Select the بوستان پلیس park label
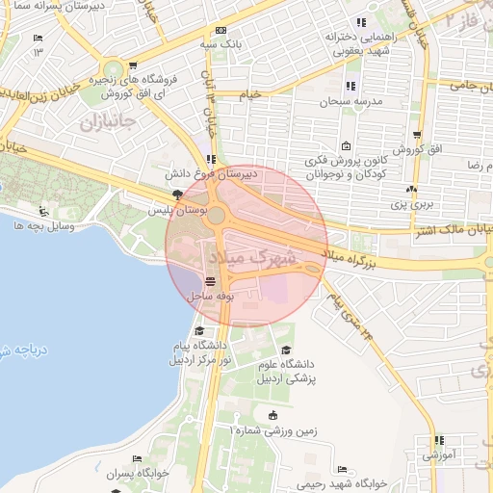point(171,209)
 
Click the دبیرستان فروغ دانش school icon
point(210,160)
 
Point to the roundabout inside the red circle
point(217,216)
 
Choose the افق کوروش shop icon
point(416,136)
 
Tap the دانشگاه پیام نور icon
point(199,330)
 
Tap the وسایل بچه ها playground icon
point(41,212)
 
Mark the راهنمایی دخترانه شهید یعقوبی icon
point(361,23)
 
